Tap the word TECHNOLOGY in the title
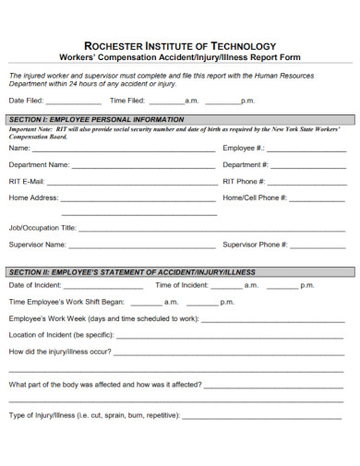[242, 45]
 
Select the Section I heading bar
[180, 120]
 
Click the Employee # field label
[244, 148]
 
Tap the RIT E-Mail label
[27, 182]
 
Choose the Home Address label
[33, 197]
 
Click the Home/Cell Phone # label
[255, 197]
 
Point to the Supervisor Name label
[38, 245]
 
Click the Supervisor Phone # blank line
[323, 246]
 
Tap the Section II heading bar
[180, 272]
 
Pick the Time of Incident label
[181, 286]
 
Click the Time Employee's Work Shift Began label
[66, 302]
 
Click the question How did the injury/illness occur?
[60, 352]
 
